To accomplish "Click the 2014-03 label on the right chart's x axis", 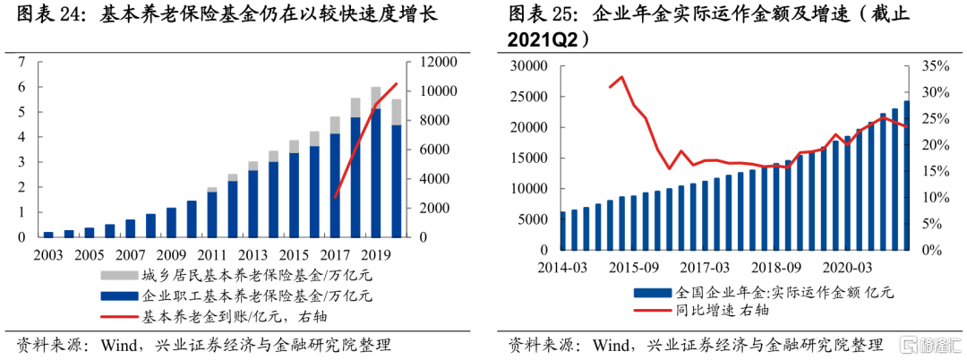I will (x=561, y=267).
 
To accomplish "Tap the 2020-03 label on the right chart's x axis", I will (x=848, y=267).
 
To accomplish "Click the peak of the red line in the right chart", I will (x=622, y=77).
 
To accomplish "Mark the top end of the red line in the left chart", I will (x=397, y=83).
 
